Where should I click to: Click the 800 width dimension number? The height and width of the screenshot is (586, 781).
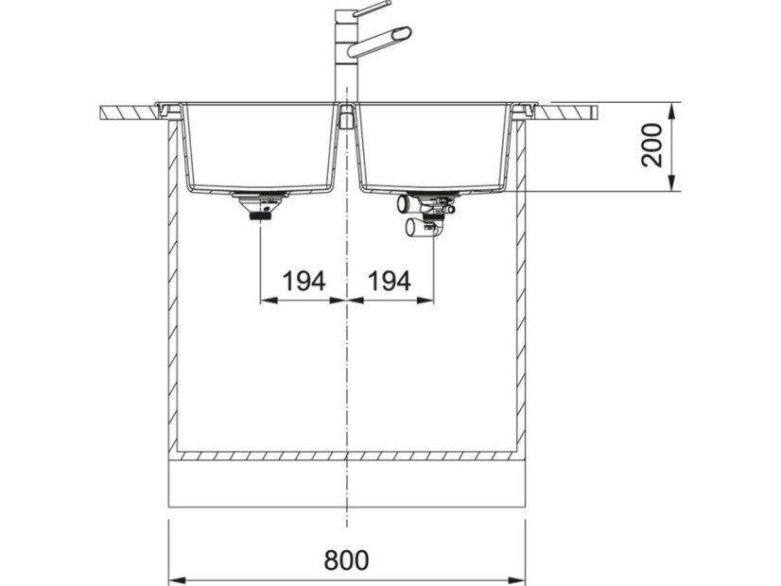pyautogui.click(x=347, y=560)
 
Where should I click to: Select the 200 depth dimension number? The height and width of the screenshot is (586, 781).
pyautogui.click(x=652, y=145)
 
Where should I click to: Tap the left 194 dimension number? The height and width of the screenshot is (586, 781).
pyautogui.click(x=304, y=281)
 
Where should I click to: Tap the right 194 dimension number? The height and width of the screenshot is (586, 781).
pyautogui.click(x=390, y=281)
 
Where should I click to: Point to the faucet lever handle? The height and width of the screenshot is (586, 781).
pyautogui.click(x=370, y=9)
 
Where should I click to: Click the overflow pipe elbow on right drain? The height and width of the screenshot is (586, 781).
pyautogui.click(x=404, y=202)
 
